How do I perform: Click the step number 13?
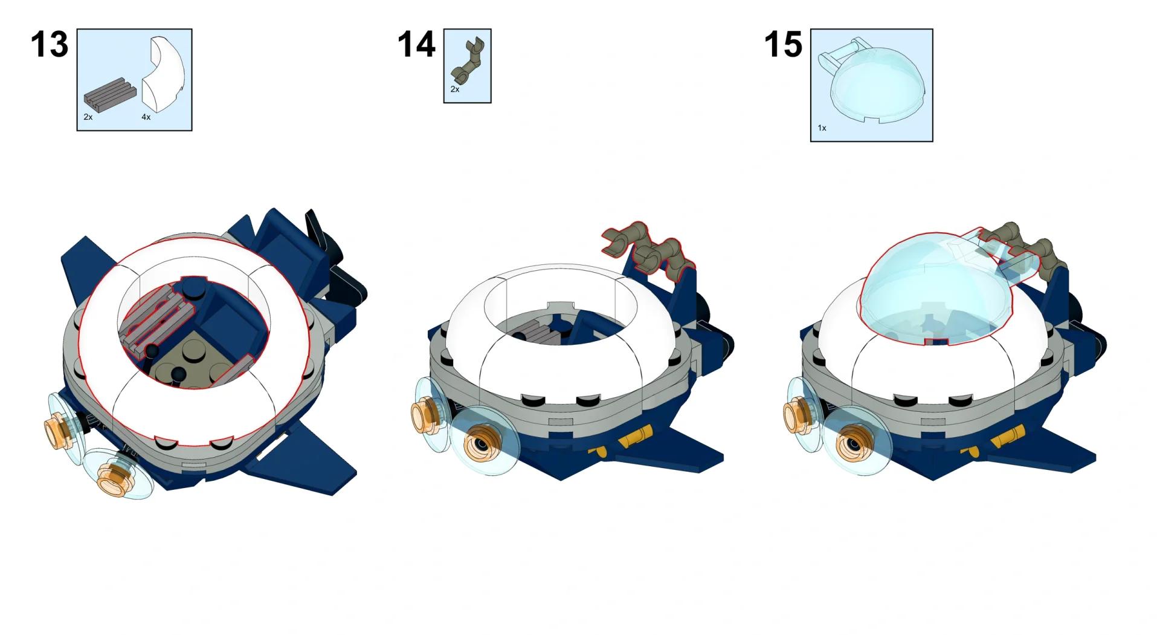tap(50, 45)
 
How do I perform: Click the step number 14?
tap(416, 45)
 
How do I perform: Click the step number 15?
tap(783, 45)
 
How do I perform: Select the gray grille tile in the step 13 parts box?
tap(107, 99)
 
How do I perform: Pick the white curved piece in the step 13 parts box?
tap(164, 75)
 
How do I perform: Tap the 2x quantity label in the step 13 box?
tap(88, 117)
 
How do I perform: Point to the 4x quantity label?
tap(146, 117)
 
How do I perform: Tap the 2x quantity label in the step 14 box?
tap(455, 90)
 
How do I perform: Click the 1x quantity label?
tap(822, 128)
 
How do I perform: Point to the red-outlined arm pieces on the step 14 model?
tap(649, 250)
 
